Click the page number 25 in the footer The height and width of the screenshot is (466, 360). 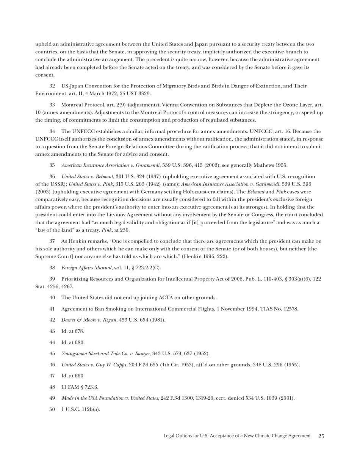tap(321, 436)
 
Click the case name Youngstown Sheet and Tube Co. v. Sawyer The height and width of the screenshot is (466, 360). tap(106, 353)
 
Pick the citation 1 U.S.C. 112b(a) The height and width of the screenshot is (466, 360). tap(81, 409)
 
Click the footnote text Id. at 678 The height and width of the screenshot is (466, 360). tap(73, 331)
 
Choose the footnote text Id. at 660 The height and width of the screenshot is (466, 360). tap(73, 376)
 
